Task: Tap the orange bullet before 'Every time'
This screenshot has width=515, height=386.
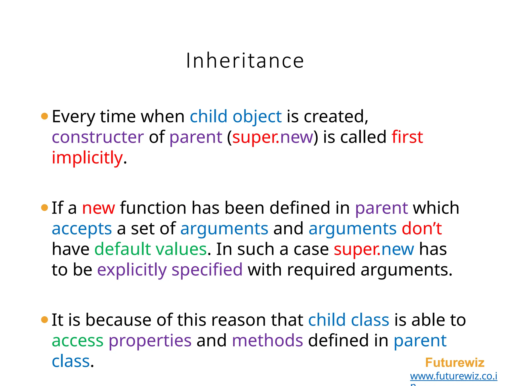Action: (x=45, y=116)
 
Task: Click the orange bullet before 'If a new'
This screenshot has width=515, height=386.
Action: (x=45, y=208)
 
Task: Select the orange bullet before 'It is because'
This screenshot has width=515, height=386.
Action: (x=45, y=320)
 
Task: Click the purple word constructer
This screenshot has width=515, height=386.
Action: (x=98, y=137)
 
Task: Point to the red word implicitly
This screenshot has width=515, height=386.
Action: (x=87, y=158)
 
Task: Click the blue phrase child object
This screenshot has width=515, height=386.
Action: (x=236, y=117)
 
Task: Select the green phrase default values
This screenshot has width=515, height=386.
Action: (x=150, y=249)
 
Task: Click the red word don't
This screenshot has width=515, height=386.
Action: (x=422, y=229)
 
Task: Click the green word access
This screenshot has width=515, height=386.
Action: (x=77, y=341)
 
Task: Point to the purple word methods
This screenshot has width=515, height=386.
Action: (x=267, y=341)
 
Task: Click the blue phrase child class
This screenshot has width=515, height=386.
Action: (x=349, y=320)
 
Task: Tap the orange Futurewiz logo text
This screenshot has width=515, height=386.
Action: (x=455, y=363)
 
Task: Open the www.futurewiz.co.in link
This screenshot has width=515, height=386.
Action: (x=453, y=376)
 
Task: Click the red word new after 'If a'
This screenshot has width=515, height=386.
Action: (x=99, y=208)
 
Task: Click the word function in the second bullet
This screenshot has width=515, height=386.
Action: (x=153, y=208)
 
